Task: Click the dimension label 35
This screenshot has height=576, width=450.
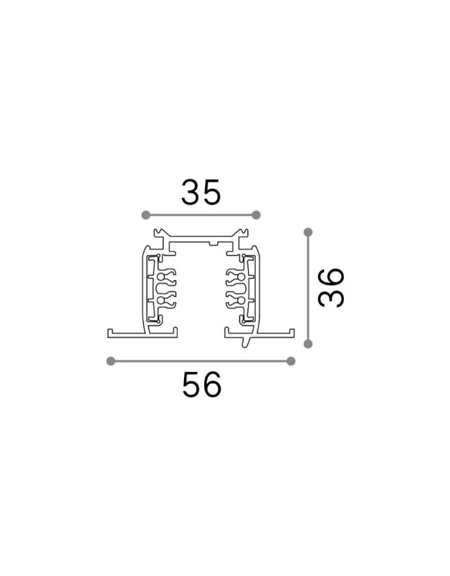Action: click(200, 191)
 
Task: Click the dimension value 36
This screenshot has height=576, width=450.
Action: click(332, 288)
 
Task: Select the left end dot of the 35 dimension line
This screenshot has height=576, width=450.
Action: click(145, 214)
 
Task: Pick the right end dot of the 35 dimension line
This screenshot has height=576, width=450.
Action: click(256, 214)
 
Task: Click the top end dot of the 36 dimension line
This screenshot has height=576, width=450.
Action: click(308, 232)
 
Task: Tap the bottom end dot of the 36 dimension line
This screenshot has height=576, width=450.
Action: click(308, 344)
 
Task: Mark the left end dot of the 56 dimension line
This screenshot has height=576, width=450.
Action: click(111, 361)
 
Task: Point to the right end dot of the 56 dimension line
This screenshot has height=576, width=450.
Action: click(291, 361)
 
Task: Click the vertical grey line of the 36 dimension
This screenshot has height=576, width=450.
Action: click(308, 288)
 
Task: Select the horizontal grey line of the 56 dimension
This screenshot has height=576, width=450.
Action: click(201, 361)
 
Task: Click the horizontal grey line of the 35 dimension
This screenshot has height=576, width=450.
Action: click(201, 214)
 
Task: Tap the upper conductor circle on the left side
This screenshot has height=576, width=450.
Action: click(167, 278)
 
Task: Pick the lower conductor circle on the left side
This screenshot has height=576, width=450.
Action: click(167, 300)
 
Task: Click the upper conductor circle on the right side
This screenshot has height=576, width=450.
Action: click(233, 278)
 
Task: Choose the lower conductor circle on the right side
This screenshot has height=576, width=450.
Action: click(233, 300)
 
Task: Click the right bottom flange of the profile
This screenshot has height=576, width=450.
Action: click(275, 333)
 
